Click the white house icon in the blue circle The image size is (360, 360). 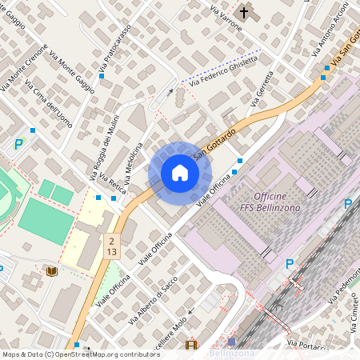point(180,172)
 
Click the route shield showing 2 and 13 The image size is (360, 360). point(111,246)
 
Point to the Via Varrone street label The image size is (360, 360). point(226,18)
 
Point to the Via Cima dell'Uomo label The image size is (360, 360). point(49,102)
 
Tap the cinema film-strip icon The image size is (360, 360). point(190,346)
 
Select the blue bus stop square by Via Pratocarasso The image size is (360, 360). point(102,76)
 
